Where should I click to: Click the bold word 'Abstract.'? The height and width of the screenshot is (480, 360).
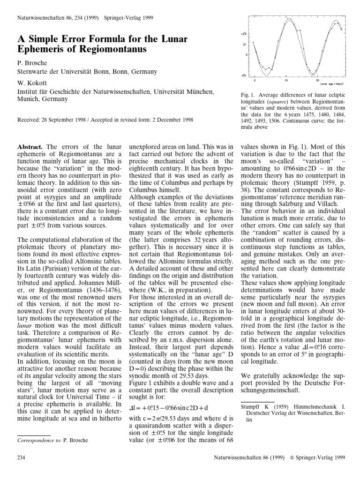pos(30,147)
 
